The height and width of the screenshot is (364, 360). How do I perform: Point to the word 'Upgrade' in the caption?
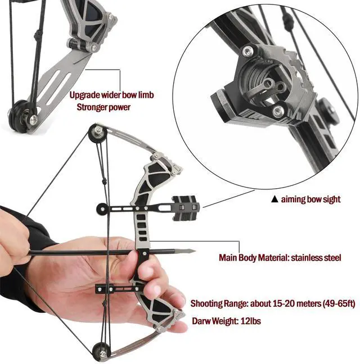point(85,95)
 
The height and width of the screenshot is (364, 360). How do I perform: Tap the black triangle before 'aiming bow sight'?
point(274,199)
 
